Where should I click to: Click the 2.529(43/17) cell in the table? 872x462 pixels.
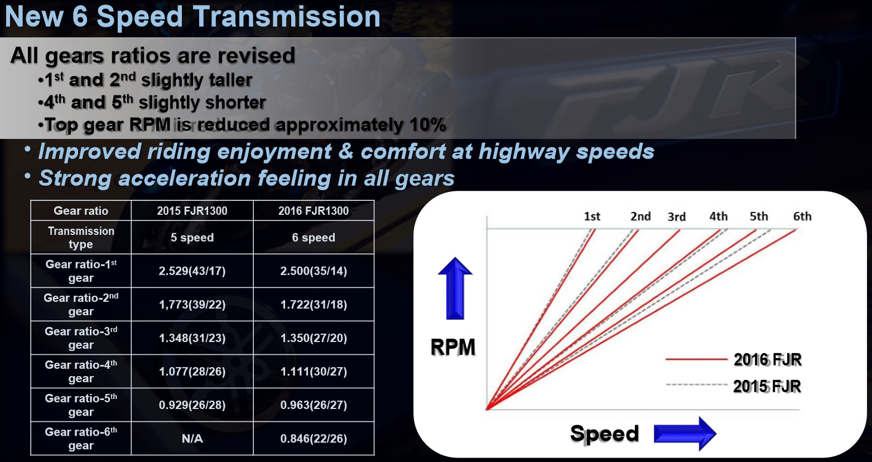[192, 271]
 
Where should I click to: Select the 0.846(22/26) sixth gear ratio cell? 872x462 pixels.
[314, 439]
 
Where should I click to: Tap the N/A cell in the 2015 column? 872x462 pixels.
[192, 439]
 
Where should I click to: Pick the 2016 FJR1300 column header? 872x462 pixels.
[314, 211]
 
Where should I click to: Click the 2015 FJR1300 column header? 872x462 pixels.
[192, 211]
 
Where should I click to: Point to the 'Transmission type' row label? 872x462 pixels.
[81, 238]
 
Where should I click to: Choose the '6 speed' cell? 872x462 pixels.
[314, 238]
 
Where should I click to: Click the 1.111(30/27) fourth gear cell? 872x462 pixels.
[314, 371]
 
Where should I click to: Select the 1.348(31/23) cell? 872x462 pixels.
[192, 338]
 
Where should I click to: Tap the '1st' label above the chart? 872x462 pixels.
[592, 216]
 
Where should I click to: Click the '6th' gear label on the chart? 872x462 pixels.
[802, 216]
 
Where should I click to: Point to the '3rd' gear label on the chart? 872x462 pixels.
[677, 217]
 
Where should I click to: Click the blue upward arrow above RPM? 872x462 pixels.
[455, 288]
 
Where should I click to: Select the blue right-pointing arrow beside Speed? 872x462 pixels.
[685, 434]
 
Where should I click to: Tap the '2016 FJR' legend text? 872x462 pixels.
[767, 360]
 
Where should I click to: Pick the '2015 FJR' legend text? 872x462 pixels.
[767, 387]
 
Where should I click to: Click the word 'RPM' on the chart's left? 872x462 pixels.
[453, 347]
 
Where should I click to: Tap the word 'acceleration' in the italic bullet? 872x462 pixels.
[185, 179]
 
